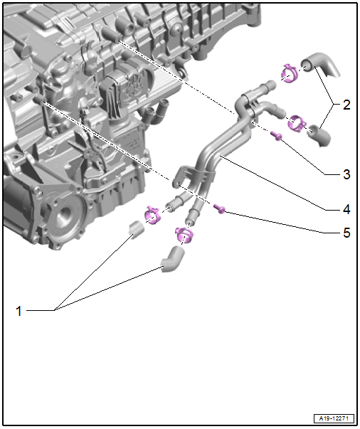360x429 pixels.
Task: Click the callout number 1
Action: pyautogui.click(x=18, y=311)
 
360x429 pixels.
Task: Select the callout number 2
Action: pyautogui.click(x=346, y=105)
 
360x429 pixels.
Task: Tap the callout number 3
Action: pyautogui.click(x=346, y=174)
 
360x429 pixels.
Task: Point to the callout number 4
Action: pyautogui.click(x=346, y=210)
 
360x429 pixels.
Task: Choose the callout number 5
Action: pyautogui.click(x=346, y=233)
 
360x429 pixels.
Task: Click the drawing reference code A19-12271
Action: pyautogui.click(x=334, y=418)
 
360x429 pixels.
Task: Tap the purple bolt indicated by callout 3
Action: pyautogui.click(x=276, y=135)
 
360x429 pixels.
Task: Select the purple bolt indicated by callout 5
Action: pyautogui.click(x=219, y=208)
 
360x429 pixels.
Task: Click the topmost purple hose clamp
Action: pyautogui.click(x=290, y=73)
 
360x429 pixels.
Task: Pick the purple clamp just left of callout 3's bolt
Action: pyautogui.click(x=297, y=122)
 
